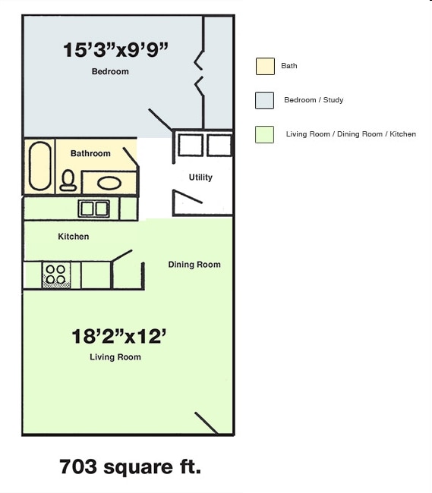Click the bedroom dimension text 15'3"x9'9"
(x=115, y=50)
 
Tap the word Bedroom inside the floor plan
(x=110, y=72)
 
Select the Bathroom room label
(x=90, y=153)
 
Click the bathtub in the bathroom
(x=40, y=166)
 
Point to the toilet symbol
(x=68, y=180)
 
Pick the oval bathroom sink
(x=109, y=183)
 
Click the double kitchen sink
(x=93, y=208)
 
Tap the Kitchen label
(x=74, y=237)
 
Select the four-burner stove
(x=55, y=275)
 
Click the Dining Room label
(x=194, y=265)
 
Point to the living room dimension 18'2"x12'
(x=118, y=336)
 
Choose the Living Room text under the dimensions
(x=115, y=357)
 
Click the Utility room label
(x=200, y=177)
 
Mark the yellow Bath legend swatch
(x=265, y=66)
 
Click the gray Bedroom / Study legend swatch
(x=265, y=100)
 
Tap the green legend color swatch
(x=265, y=134)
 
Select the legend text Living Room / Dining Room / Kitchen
(x=351, y=134)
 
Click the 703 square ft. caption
(x=130, y=466)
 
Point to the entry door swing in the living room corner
(x=207, y=423)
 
